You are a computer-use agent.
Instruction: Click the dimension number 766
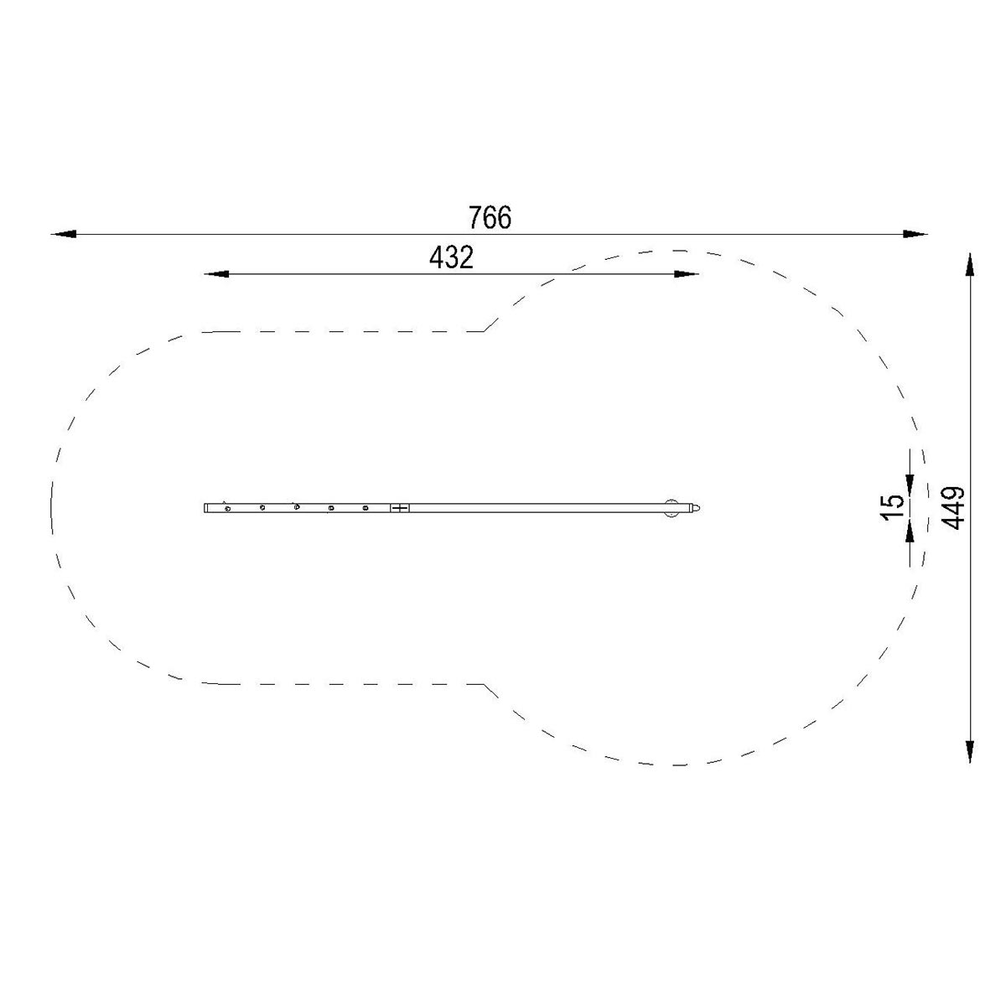489,217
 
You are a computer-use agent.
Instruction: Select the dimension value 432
451,257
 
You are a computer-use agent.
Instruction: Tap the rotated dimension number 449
954,508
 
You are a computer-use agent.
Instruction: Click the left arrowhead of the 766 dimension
64,234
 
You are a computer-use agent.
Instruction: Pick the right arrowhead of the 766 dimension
915,234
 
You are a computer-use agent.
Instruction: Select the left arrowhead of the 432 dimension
216,274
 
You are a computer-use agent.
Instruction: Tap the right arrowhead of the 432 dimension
686,274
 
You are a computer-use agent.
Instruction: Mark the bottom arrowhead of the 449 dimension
969,751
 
